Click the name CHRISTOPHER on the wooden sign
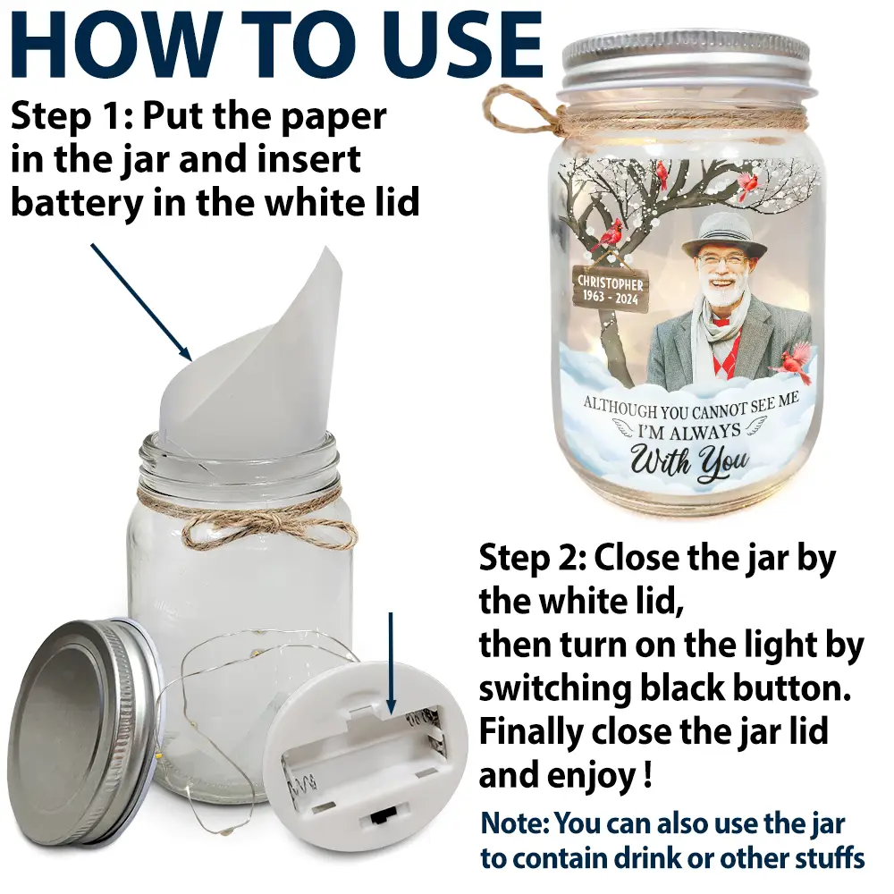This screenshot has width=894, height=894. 610,283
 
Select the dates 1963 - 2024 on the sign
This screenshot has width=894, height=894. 610,298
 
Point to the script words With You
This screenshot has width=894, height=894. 688,460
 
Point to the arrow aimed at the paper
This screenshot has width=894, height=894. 141,302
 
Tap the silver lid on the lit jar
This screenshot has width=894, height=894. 686,62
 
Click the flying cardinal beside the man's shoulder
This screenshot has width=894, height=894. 794,363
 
